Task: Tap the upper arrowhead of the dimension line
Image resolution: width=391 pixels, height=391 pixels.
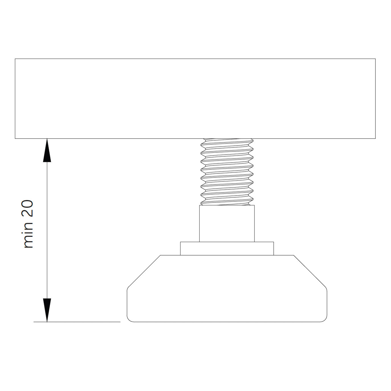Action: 47,150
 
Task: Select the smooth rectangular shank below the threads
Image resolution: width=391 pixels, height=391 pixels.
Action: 227,224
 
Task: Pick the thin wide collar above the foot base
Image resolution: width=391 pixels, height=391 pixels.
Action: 227,249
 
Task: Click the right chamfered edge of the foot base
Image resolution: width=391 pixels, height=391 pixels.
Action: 310,271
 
